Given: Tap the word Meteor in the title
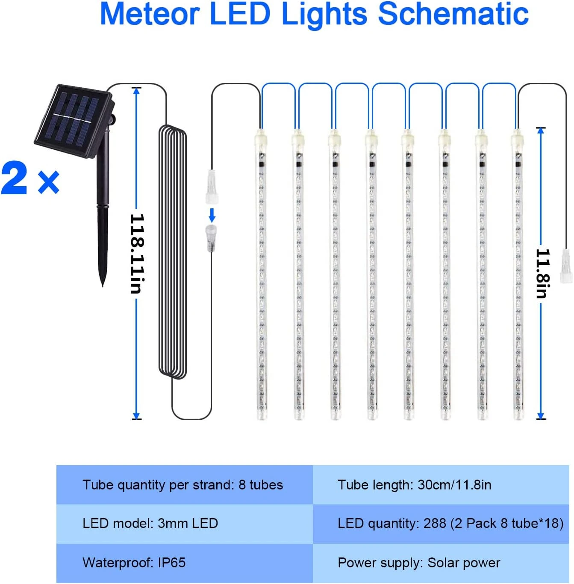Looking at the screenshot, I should (150, 14).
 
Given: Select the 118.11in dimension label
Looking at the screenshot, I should (137, 253).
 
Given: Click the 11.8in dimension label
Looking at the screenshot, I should (542, 273).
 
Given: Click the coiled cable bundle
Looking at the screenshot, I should (173, 252).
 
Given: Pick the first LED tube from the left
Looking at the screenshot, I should (261, 274).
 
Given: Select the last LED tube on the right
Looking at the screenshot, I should (518, 274).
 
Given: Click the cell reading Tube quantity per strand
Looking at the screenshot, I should (183, 485).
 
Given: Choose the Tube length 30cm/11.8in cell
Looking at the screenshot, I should (415, 485).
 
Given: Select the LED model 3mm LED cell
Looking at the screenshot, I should (150, 523).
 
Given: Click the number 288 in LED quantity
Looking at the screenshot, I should (435, 523).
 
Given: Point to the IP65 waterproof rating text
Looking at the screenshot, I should (172, 562).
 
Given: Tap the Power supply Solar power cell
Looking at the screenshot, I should (419, 563).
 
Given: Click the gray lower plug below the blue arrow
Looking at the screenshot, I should (211, 237).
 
